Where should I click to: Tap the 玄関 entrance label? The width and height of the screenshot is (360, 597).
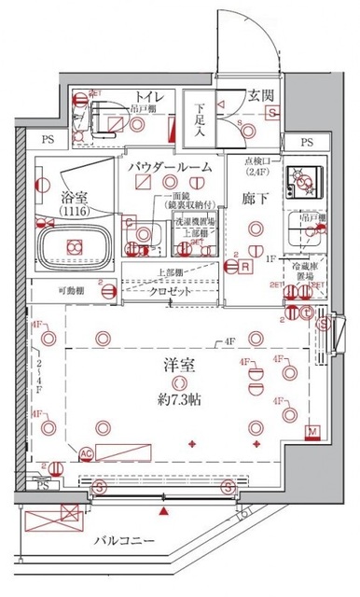coord(260,95)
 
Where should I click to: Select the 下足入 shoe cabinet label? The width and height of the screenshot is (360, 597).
coord(198,120)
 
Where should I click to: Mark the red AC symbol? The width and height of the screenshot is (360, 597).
coord(85,454)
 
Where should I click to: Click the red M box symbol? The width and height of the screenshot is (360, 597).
coord(312,431)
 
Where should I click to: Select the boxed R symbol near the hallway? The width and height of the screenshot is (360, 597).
coord(244,267)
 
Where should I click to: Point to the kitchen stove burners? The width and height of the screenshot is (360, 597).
coord(304,180)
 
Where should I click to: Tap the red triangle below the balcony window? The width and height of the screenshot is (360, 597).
coord(165,511)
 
